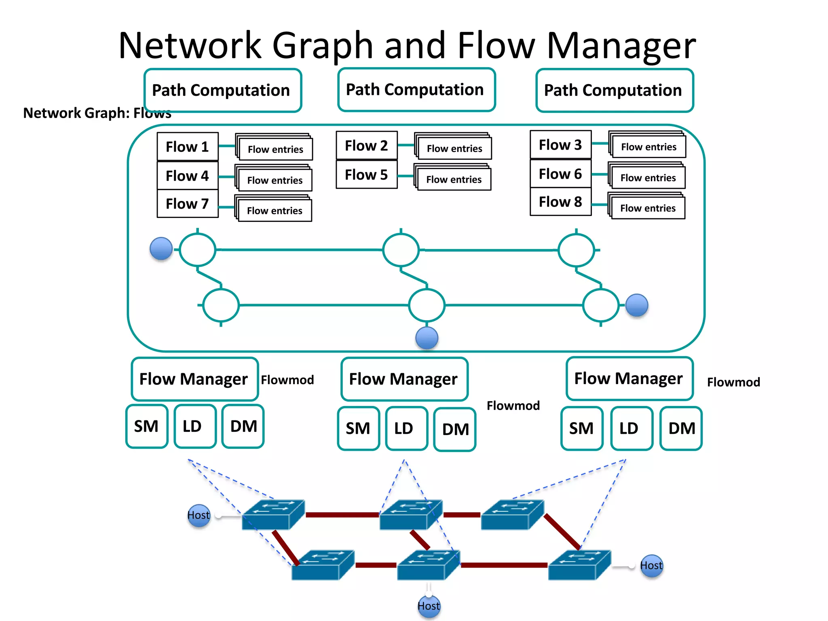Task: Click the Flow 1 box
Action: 188,146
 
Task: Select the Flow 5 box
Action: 366,175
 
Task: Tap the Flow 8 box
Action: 560,201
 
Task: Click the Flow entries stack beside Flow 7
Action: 274,209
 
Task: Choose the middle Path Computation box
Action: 416,90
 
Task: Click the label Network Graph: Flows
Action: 97,113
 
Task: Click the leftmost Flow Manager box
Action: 194,379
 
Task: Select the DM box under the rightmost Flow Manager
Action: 681,428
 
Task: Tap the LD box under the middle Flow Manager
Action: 406,429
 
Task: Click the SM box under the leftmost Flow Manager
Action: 146,427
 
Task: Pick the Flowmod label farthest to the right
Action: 733,382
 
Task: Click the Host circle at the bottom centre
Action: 429,606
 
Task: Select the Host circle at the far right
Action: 651,565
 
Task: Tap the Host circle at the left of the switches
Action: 199,515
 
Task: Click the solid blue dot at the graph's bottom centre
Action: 427,338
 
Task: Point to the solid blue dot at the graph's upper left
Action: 161,249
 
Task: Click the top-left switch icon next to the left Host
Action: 273,515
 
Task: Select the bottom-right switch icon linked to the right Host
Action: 579,565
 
